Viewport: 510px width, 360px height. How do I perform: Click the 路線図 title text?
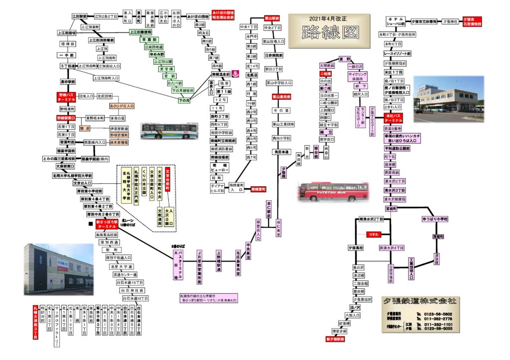tap(329, 33)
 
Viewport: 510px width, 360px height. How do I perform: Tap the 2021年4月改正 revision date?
tap(330, 19)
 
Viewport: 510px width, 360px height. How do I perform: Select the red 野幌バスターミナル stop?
tap(67, 96)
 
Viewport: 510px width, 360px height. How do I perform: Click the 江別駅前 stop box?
tap(79, 16)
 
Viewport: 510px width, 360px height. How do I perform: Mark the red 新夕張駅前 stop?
tap(335, 339)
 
